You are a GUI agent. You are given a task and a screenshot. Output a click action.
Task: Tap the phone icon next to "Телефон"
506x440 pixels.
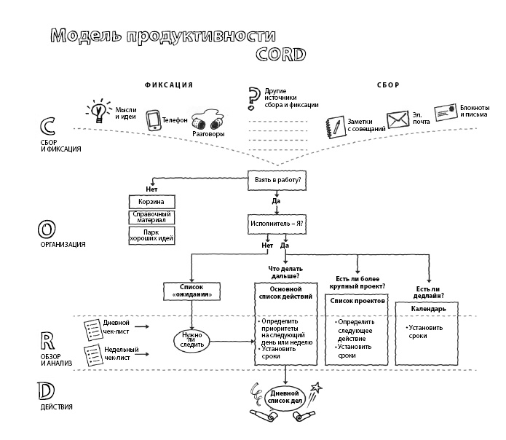click(153, 120)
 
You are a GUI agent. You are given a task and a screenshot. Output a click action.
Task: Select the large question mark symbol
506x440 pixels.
click(253, 98)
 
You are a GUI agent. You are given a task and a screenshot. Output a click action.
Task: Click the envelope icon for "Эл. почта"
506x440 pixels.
click(397, 119)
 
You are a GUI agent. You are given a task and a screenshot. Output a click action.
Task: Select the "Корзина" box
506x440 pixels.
click(152, 202)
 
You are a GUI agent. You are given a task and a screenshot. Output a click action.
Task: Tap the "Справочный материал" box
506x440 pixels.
click(152, 218)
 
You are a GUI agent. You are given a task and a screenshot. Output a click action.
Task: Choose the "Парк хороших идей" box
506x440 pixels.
click(152, 235)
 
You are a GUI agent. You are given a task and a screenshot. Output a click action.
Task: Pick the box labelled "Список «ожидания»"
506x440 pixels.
click(191, 292)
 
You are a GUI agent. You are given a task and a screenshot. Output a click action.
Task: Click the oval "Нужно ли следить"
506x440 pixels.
click(191, 339)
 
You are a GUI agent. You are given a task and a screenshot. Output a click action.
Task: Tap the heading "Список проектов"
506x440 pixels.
click(357, 300)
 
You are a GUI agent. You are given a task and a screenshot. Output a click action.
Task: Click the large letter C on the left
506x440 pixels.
click(49, 125)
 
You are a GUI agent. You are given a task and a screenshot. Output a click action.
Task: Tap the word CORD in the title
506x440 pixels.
click(280, 55)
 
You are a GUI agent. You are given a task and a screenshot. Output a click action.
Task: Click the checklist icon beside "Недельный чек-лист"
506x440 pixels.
click(92, 355)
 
